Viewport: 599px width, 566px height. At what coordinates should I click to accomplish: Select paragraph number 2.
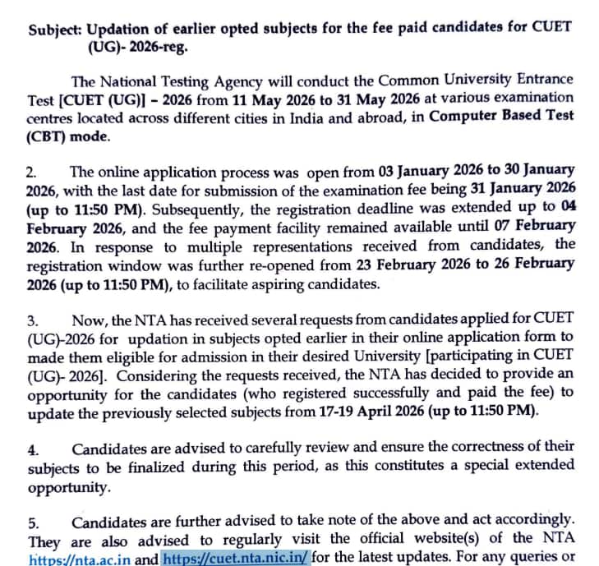pos(34,173)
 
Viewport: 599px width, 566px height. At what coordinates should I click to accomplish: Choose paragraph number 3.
pos(34,320)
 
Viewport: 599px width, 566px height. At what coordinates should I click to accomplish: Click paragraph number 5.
pos(34,522)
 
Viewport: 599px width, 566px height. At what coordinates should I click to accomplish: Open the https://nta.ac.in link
pos(80,558)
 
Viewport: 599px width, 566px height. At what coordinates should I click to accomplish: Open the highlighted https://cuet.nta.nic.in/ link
pos(237,558)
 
